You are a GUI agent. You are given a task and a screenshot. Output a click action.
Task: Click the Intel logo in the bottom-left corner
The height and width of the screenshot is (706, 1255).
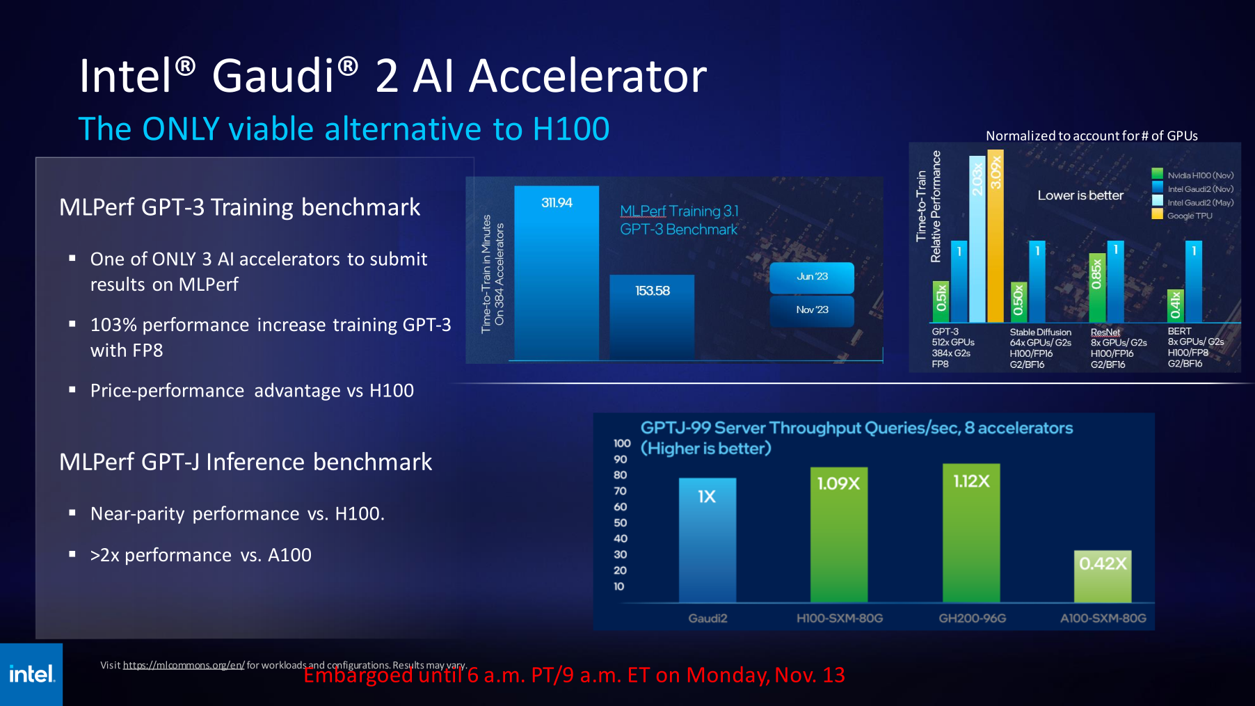click(31, 674)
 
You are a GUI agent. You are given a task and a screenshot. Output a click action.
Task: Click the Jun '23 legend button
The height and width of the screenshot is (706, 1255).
click(812, 277)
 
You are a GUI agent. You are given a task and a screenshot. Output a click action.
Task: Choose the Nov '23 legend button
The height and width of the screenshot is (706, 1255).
click(812, 310)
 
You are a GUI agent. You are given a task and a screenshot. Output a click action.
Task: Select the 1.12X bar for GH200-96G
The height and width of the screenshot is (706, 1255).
click(971, 533)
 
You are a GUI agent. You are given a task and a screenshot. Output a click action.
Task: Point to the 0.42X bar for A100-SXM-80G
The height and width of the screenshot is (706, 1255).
click(1103, 577)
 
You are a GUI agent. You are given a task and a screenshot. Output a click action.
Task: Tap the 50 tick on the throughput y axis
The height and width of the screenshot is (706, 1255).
click(621, 522)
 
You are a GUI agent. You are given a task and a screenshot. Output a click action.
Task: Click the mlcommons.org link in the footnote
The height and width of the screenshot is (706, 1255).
click(184, 665)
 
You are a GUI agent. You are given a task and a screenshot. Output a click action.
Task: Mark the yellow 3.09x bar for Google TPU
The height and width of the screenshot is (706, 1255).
click(996, 236)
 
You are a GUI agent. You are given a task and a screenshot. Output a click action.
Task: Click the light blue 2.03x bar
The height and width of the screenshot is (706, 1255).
click(977, 239)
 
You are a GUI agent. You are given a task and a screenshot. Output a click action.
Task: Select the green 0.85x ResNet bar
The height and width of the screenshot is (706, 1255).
click(1097, 288)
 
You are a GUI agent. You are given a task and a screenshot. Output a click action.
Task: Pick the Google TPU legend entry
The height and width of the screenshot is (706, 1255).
click(1189, 216)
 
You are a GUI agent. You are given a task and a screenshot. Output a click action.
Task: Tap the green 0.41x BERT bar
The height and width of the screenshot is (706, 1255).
click(1175, 305)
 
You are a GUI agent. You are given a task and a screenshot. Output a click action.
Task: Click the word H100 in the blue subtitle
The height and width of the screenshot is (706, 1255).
click(570, 129)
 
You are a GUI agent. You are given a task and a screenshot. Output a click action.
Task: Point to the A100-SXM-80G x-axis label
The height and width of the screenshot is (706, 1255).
click(1103, 618)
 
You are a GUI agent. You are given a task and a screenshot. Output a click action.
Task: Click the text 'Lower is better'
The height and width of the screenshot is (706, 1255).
click(1080, 195)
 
